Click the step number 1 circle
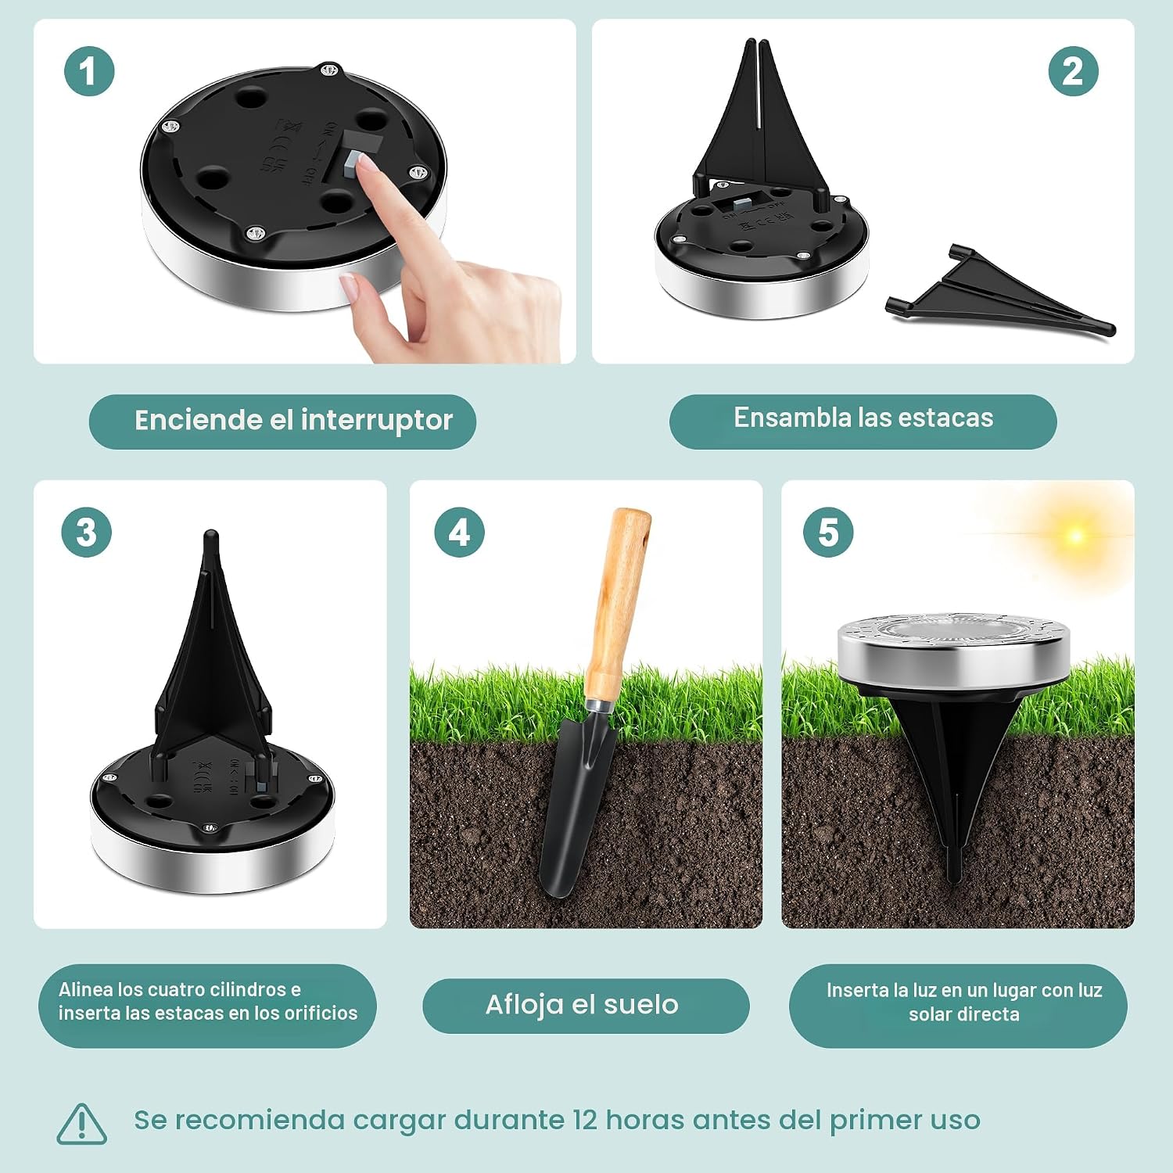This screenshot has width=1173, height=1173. [x=89, y=71]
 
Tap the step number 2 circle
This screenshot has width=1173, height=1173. [x=1073, y=71]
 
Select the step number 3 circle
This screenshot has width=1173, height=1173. [x=87, y=532]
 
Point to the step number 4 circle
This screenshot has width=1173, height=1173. [x=459, y=532]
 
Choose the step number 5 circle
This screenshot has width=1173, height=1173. [x=828, y=532]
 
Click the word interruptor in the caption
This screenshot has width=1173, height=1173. [x=376, y=421]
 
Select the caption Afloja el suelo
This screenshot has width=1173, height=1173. [x=582, y=1004]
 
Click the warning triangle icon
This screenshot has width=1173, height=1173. [x=81, y=1123]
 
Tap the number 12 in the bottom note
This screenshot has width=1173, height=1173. [x=586, y=1120]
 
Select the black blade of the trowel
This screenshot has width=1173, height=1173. [x=574, y=805]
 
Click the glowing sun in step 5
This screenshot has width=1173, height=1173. [x=1076, y=536]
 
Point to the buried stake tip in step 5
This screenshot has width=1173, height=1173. [x=954, y=868]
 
